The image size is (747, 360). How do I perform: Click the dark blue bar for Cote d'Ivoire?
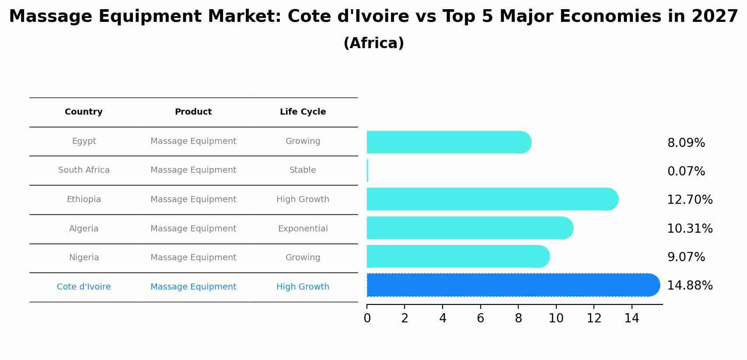coord(512,285)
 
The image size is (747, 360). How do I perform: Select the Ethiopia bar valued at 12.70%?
coord(492,199)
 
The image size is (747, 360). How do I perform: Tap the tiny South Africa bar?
coord(367,171)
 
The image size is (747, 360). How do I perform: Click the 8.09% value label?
coord(686,143)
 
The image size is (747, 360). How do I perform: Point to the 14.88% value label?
coord(690,286)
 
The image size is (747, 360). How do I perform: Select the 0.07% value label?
coord(686,171)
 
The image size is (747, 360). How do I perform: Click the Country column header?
coord(84,112)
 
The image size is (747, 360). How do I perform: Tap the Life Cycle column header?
coord(303,112)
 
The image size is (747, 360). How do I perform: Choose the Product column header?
coord(193,112)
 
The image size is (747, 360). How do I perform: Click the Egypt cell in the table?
coord(84,141)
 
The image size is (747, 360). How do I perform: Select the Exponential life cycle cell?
coord(303,229)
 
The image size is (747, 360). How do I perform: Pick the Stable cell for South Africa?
coord(302,170)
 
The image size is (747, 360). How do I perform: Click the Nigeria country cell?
coord(84,258)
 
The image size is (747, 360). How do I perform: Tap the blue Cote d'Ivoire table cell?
coord(84,287)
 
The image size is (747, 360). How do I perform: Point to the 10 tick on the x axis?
coord(556,318)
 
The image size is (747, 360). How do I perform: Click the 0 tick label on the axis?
coord(367,318)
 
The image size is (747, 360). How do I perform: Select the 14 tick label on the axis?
coord(632,318)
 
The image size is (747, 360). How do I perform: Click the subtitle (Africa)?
coord(373,43)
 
